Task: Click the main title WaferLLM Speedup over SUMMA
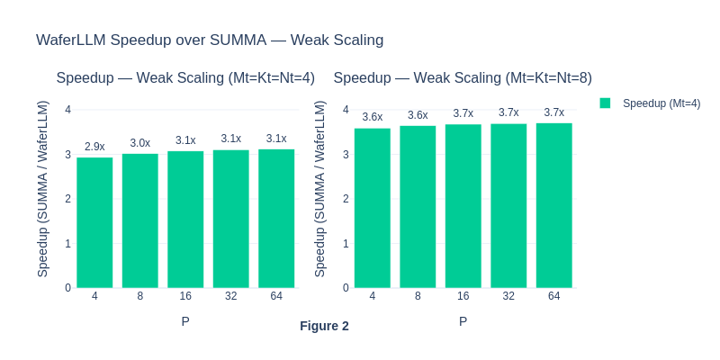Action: click(210, 40)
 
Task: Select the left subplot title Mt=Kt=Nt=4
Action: click(185, 78)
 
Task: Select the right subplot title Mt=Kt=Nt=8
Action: click(463, 78)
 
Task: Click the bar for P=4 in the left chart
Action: click(94, 222)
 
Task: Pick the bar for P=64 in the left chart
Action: click(276, 218)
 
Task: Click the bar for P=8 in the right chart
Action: click(418, 207)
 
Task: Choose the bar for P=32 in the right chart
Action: click(508, 205)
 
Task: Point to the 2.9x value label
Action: click(94, 147)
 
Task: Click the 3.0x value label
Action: click(140, 143)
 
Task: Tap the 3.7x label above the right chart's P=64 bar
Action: click(554, 112)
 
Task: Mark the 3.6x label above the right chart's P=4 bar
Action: click(373, 117)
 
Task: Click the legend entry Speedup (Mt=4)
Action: click(661, 103)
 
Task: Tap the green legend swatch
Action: click(606, 103)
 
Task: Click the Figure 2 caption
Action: click(324, 326)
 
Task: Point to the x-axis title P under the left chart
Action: click(185, 320)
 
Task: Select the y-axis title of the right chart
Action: click(320, 189)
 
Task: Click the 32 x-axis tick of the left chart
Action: click(231, 296)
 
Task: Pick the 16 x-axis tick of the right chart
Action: click(463, 296)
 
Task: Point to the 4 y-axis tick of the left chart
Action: click(68, 110)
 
